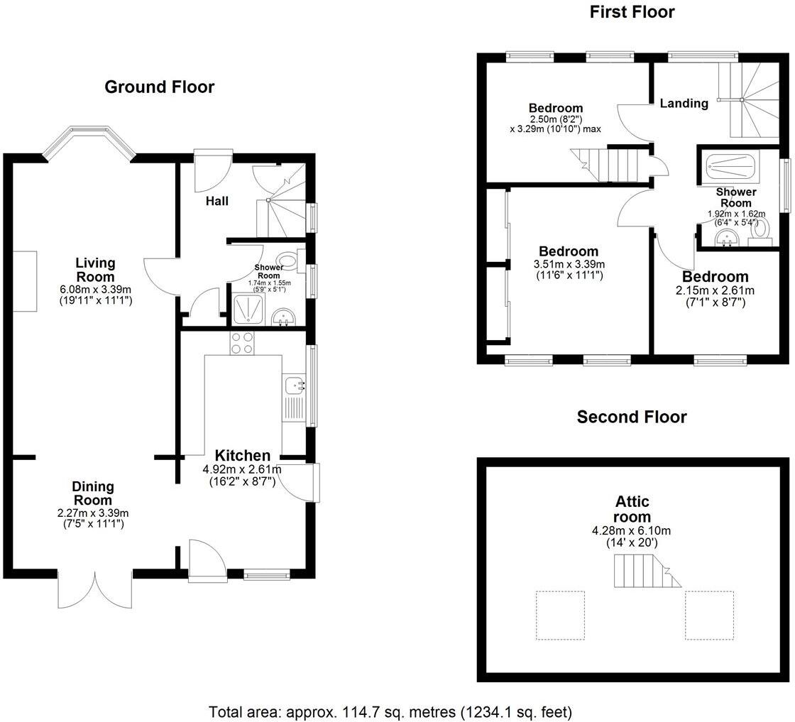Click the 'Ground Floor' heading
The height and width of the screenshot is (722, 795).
(x=159, y=87)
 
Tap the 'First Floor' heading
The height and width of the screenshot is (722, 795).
(x=632, y=12)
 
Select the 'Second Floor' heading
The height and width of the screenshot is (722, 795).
(x=631, y=417)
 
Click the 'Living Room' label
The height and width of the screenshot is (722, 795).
(x=95, y=270)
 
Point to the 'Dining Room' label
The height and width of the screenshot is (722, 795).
(x=92, y=493)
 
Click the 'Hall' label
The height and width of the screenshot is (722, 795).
(x=217, y=202)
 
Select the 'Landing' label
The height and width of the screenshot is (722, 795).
(x=684, y=104)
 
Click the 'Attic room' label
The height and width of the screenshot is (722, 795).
(x=632, y=510)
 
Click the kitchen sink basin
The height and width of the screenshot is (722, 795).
(x=294, y=385)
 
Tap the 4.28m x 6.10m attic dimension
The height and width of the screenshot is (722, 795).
(x=632, y=530)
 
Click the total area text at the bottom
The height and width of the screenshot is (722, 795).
(x=390, y=711)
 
